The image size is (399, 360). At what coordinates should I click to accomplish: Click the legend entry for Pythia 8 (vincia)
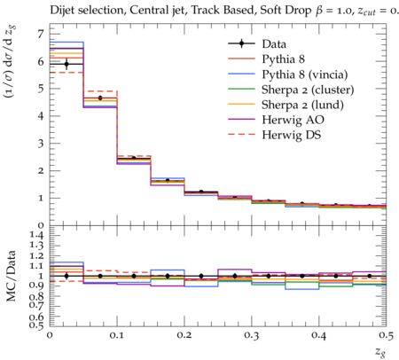coord(305,74)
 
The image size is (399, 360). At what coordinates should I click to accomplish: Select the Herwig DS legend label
coord(292,135)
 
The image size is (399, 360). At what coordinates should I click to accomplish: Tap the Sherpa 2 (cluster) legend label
coord(308,90)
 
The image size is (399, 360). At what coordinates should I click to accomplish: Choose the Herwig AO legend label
coord(293,120)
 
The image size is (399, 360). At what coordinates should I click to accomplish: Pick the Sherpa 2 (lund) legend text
coord(302,105)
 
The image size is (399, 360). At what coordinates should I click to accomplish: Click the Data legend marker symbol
coord(241,43)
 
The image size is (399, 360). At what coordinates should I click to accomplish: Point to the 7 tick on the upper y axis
coord(40,35)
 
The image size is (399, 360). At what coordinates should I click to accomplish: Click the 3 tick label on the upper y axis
coord(40,144)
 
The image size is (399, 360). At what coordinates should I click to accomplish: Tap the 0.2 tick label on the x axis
coord(184,335)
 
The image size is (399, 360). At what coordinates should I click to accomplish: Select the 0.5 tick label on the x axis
coord(386,335)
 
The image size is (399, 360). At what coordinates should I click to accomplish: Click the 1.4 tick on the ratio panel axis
coord(37,235)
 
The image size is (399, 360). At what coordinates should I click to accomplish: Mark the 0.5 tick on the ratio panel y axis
coord(37,325)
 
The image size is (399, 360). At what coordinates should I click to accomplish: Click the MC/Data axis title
coord(12,276)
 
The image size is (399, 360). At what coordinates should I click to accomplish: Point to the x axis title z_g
coord(380,352)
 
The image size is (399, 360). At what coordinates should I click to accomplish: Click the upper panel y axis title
coord(10,62)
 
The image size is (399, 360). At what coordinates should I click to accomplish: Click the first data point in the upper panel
coord(66,64)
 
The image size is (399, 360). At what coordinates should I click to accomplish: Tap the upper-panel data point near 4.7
coord(100,98)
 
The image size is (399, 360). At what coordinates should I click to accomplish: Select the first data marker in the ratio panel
coord(66,276)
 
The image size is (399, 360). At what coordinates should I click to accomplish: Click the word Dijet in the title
coord(61,10)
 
